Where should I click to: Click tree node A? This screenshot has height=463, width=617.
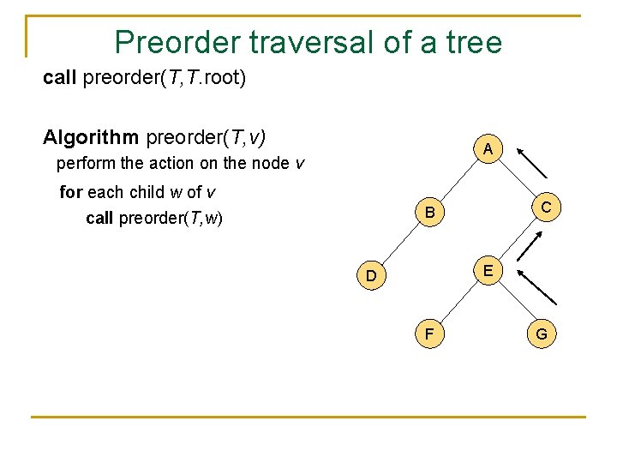(x=487, y=149)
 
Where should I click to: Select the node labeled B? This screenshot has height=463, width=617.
(x=431, y=212)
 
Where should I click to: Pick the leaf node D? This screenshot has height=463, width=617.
(x=371, y=275)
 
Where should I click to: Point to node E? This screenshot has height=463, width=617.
(x=487, y=270)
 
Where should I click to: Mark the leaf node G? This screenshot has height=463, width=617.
(x=542, y=334)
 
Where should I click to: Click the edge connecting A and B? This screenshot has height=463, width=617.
(x=459, y=181)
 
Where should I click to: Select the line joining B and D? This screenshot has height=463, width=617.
(x=401, y=244)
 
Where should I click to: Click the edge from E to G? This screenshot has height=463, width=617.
(x=514, y=302)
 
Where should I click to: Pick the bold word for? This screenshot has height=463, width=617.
(x=71, y=192)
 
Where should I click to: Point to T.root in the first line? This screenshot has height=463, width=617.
(x=218, y=79)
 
